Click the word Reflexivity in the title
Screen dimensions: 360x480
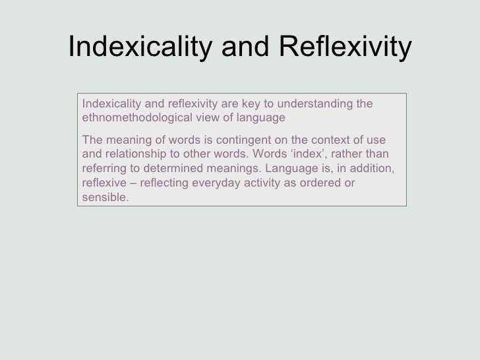pos(345,48)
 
